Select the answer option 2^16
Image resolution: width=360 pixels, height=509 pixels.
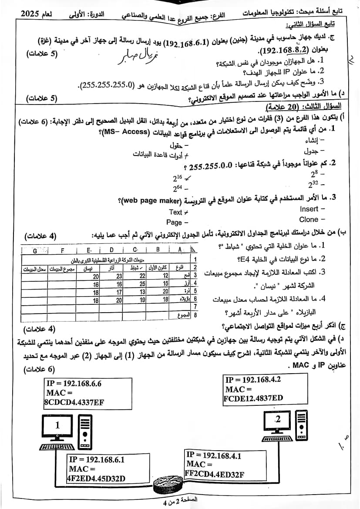179,178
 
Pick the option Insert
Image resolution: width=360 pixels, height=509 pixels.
310,209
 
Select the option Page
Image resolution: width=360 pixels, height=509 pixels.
175,222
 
